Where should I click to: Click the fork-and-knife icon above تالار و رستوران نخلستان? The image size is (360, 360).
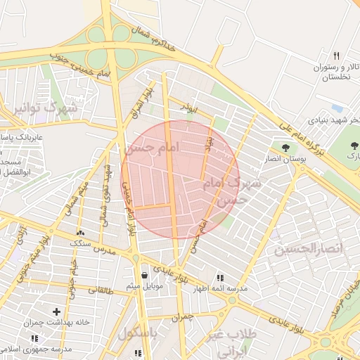tap(336, 56)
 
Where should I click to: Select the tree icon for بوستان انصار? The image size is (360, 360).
tap(285, 148)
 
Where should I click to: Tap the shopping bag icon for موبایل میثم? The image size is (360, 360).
tap(144, 275)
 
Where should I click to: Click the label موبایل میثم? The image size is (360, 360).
tap(144, 286)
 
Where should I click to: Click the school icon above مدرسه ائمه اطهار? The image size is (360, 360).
tap(221, 278)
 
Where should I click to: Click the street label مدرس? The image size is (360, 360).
tap(104, 250)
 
